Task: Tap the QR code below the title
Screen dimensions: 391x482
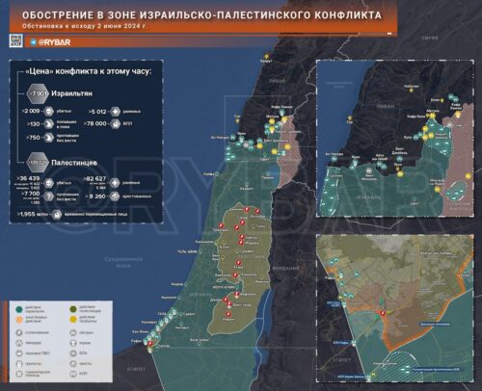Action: click(15, 39)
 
